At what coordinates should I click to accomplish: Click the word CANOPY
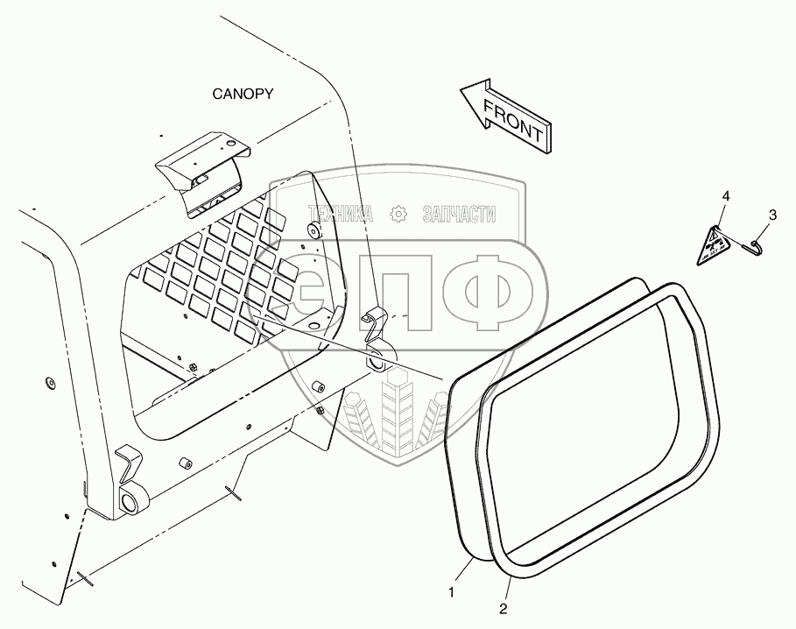click(x=241, y=95)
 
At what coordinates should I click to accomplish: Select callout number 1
click(x=452, y=593)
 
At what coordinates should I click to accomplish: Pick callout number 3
click(x=771, y=214)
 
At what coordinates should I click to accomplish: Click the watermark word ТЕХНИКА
click(x=339, y=214)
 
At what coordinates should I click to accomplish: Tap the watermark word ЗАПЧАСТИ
click(x=459, y=214)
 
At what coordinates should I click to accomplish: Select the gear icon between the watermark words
click(x=398, y=214)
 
